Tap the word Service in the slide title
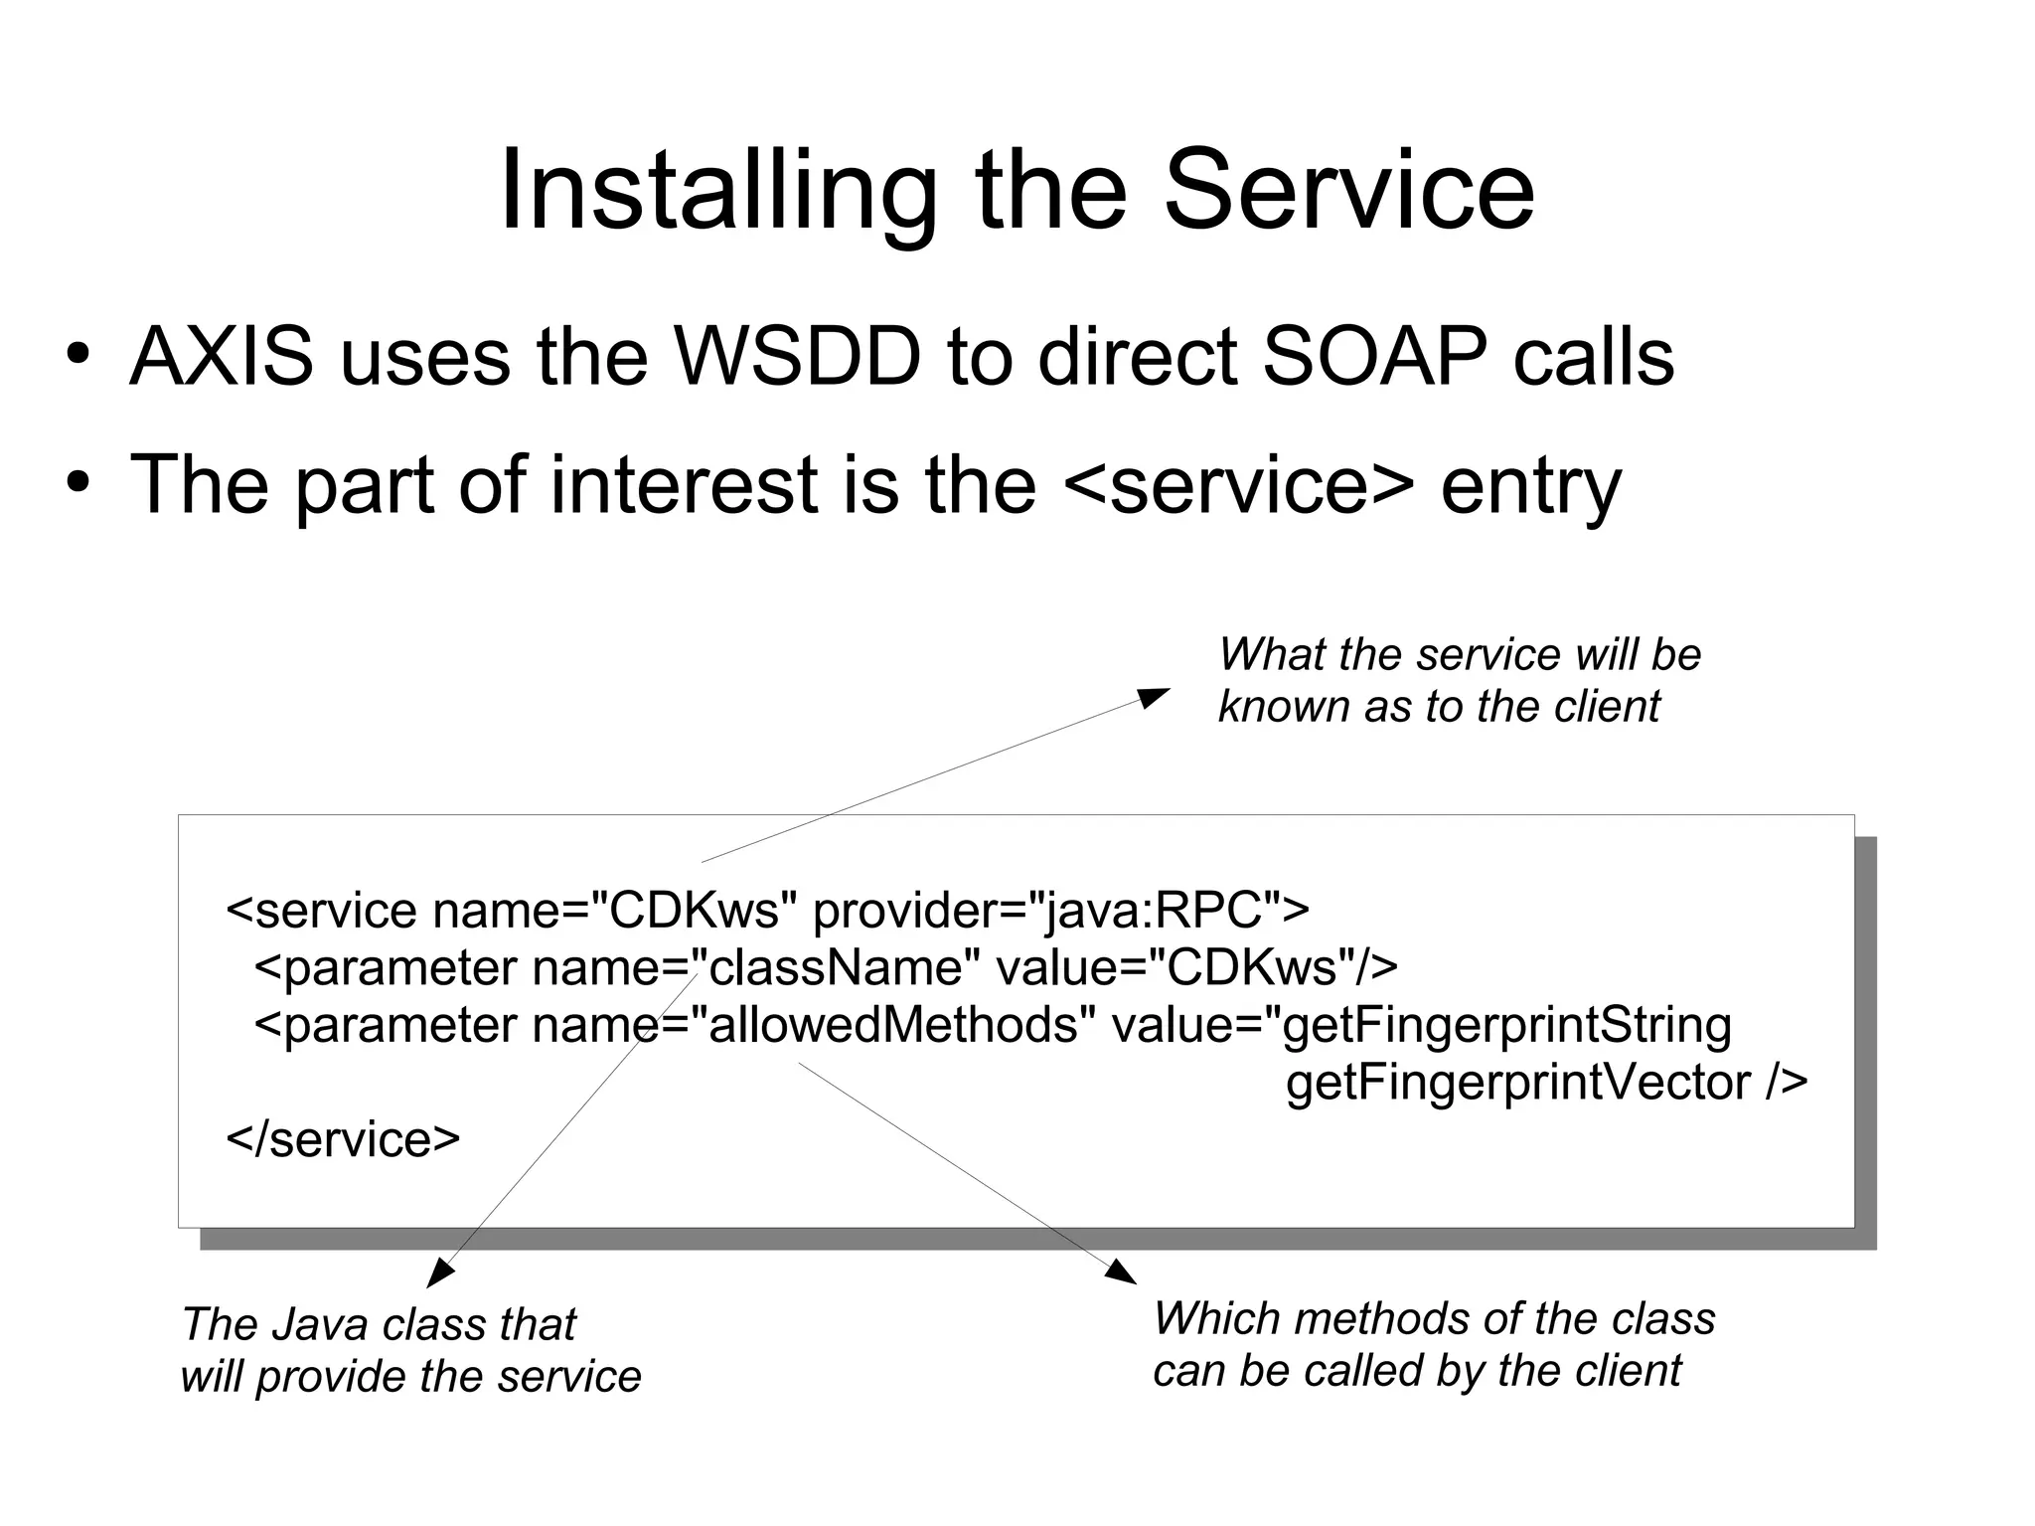coord(1348,191)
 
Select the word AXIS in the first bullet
coord(221,357)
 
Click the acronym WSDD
coord(798,357)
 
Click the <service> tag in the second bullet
coord(1238,484)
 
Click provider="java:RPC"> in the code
coord(1060,910)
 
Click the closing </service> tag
coord(343,1139)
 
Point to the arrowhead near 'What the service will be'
coord(1156,696)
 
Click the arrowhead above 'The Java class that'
coord(438,1274)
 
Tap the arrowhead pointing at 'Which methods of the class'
coord(1123,1272)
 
